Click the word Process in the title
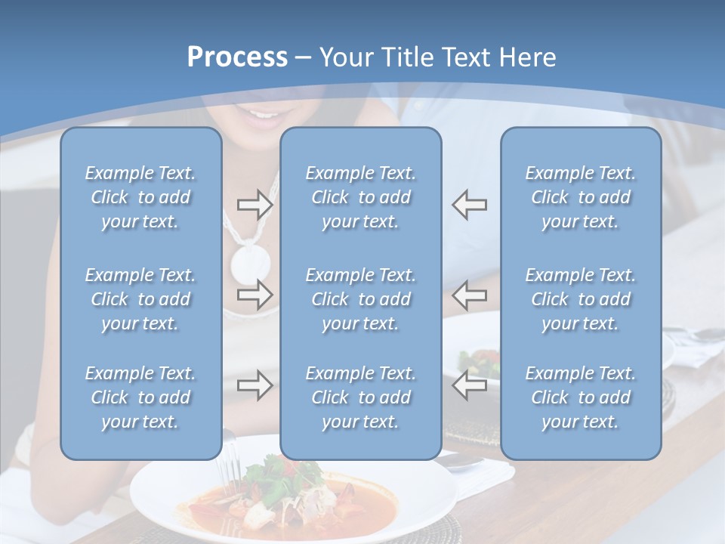click(x=237, y=57)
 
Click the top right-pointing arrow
click(x=255, y=205)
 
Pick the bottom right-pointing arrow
click(x=255, y=385)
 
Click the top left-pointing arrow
click(x=469, y=205)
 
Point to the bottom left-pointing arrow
click(x=469, y=385)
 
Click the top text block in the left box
click(x=140, y=197)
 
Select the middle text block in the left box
click(x=140, y=299)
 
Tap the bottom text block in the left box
click(x=140, y=397)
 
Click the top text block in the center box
click(x=360, y=197)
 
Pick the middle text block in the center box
click(x=360, y=299)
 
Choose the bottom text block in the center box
click(x=360, y=397)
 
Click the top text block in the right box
click(x=581, y=197)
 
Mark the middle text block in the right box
click(x=581, y=299)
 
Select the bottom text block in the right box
click(x=581, y=397)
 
